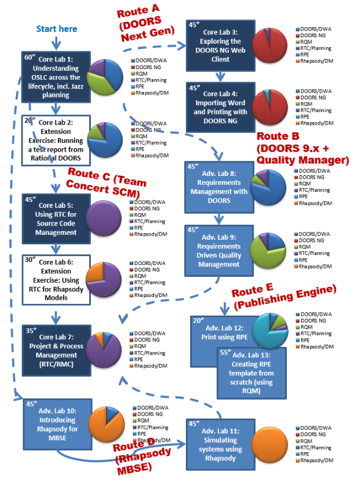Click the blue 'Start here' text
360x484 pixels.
57,29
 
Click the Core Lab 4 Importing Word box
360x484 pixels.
219,107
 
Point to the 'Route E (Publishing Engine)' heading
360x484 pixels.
283,296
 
